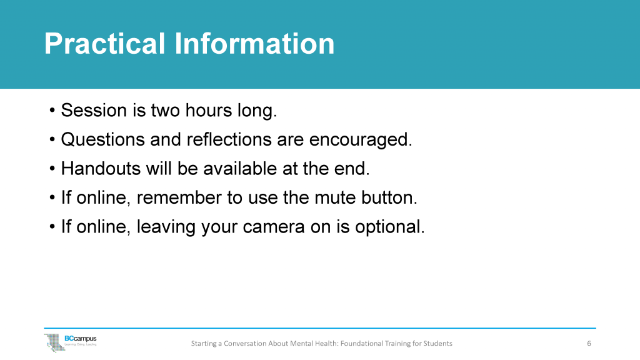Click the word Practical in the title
pyautogui.click(x=104, y=44)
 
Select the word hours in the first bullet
pyautogui.click(x=212, y=111)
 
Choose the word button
pyautogui.click(x=389, y=197)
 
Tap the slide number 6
pyautogui.click(x=589, y=343)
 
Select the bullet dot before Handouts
pyautogui.click(x=52, y=169)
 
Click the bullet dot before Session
pyautogui.click(x=52, y=112)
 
